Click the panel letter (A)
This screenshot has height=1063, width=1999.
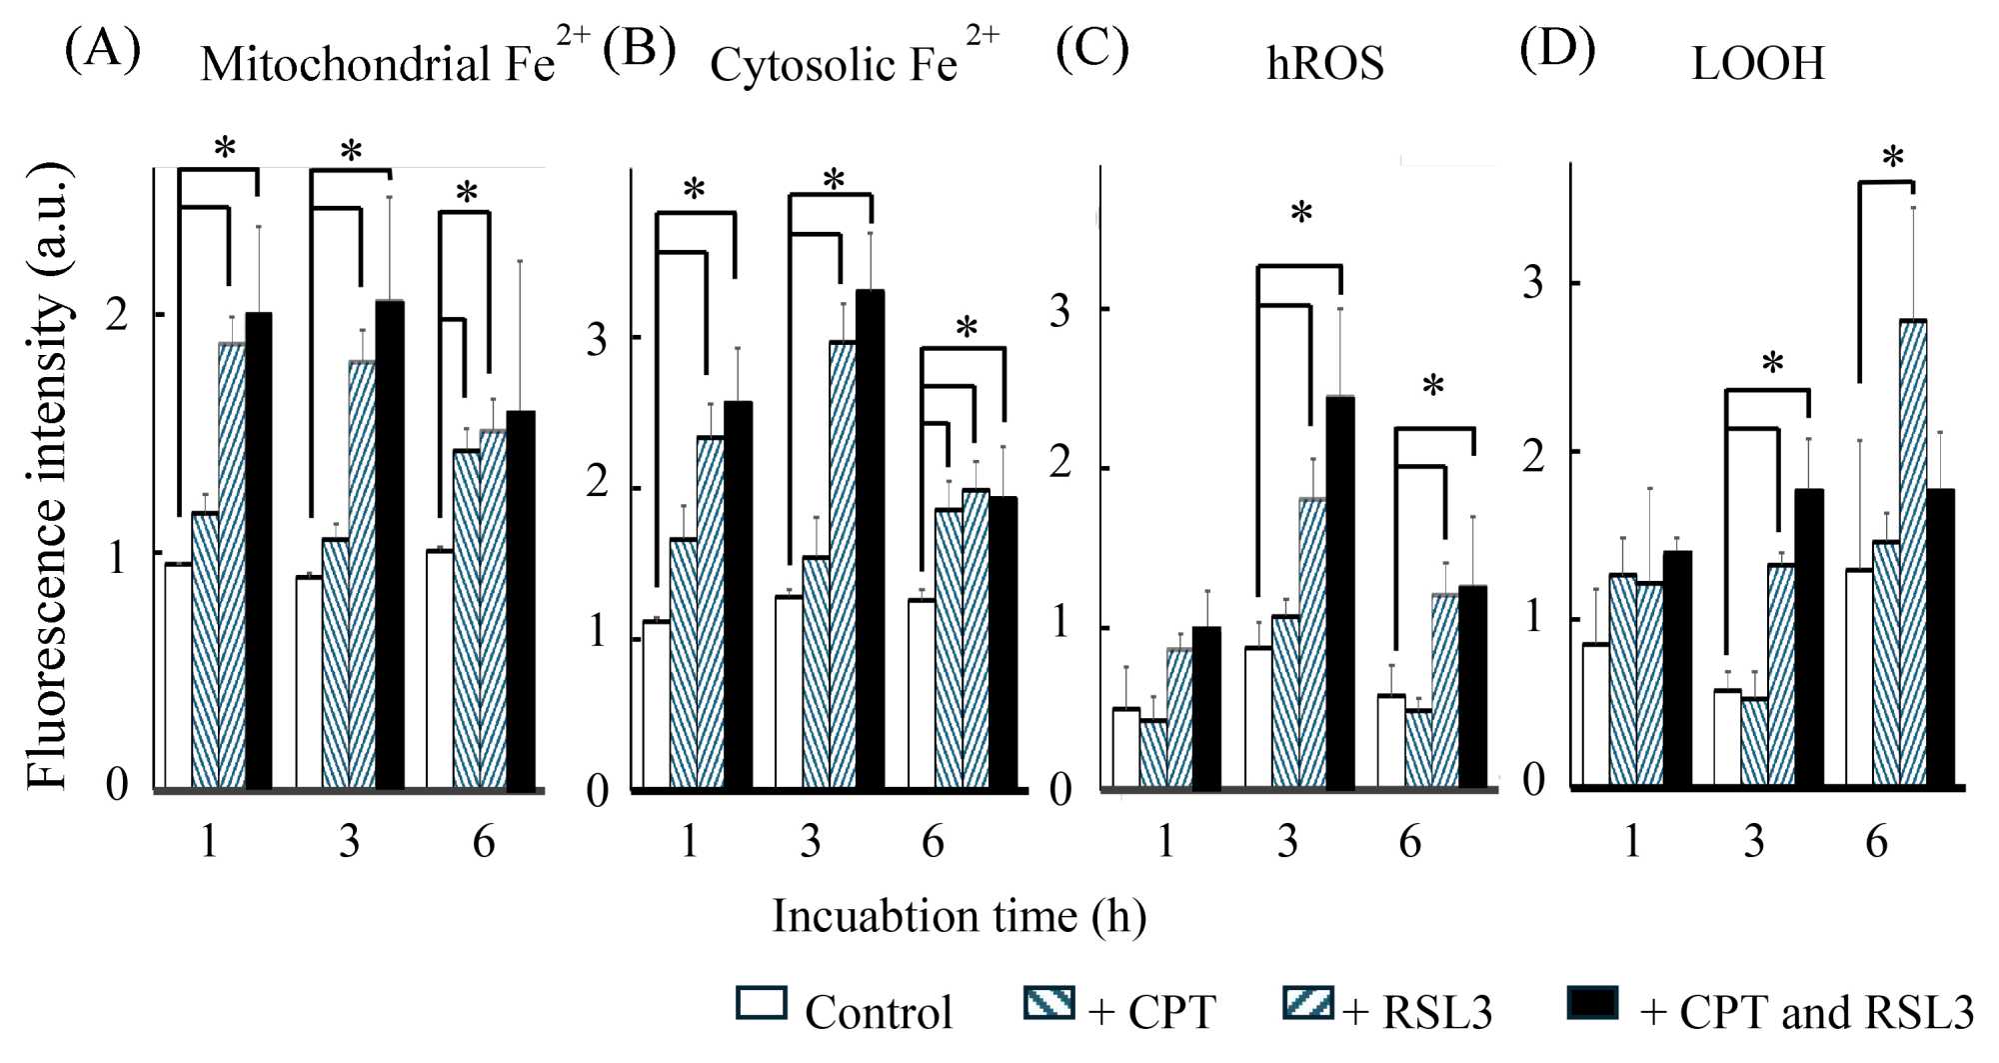[103, 48]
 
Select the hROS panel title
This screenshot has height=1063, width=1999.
[1324, 64]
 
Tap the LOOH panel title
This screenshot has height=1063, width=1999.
[1757, 64]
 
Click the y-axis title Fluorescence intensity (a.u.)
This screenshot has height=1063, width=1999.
[47, 475]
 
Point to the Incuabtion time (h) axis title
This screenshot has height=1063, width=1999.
[959, 916]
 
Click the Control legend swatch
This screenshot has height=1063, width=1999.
[762, 1003]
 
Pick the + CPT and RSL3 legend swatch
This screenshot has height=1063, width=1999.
[1593, 1003]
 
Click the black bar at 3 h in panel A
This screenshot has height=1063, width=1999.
[390, 545]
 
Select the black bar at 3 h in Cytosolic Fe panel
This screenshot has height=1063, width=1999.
[870, 540]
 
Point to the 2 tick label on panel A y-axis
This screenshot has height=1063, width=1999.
[118, 315]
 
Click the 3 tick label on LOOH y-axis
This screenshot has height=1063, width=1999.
[1532, 283]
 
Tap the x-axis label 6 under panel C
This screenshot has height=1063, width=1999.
[1409, 841]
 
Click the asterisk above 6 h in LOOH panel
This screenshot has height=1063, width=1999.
[1892, 158]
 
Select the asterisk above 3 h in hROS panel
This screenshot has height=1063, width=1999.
[1300, 213]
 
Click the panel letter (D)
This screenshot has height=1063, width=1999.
[1557, 48]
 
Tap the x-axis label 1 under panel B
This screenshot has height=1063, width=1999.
[689, 841]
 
